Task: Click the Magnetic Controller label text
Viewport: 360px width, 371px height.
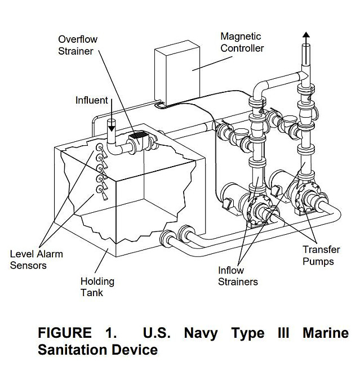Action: pyautogui.click(x=242, y=42)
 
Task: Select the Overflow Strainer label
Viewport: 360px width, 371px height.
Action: pyautogui.click(x=78, y=46)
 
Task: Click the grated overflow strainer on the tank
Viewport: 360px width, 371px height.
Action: pyautogui.click(x=140, y=138)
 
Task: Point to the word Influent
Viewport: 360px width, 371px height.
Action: pyautogui.click(x=91, y=100)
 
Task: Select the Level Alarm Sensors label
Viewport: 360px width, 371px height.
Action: pyautogui.click(x=37, y=260)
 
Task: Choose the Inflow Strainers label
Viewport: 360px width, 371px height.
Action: pyautogui.click(x=238, y=276)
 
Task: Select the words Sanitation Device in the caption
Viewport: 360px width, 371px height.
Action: pyautogui.click(x=97, y=350)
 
